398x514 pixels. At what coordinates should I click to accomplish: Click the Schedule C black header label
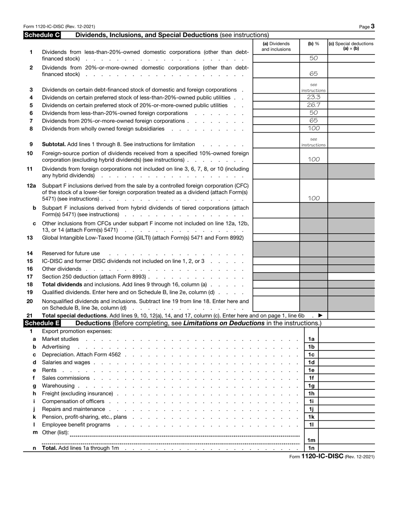pos(42,35)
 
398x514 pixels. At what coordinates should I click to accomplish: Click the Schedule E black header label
pos(42,323)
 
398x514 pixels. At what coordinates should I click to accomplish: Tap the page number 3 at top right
pos(372,26)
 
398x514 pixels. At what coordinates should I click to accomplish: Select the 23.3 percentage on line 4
pos(313,97)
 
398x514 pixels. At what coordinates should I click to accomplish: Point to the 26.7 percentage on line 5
pos(313,105)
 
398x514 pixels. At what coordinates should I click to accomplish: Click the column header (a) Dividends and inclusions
pos(276,46)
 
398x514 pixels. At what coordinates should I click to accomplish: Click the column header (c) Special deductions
pos(351,46)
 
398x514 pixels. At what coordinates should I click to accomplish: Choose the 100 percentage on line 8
pos(313,128)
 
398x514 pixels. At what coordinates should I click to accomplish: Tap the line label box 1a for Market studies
pos(311,339)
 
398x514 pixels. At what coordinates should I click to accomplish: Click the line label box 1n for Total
pos(311,448)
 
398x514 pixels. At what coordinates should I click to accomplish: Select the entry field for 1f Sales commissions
pos(346,378)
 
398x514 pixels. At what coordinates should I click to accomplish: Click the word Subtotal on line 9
pos(54,144)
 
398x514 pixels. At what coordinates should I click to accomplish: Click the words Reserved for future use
pos(71,253)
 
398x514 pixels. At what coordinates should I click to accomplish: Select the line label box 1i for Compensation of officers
pos(311,401)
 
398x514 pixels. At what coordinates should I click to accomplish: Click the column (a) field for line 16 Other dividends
pos(276,269)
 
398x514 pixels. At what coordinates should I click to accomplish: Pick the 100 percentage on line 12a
pos(313,199)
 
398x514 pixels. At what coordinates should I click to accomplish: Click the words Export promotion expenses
pos(77,331)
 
